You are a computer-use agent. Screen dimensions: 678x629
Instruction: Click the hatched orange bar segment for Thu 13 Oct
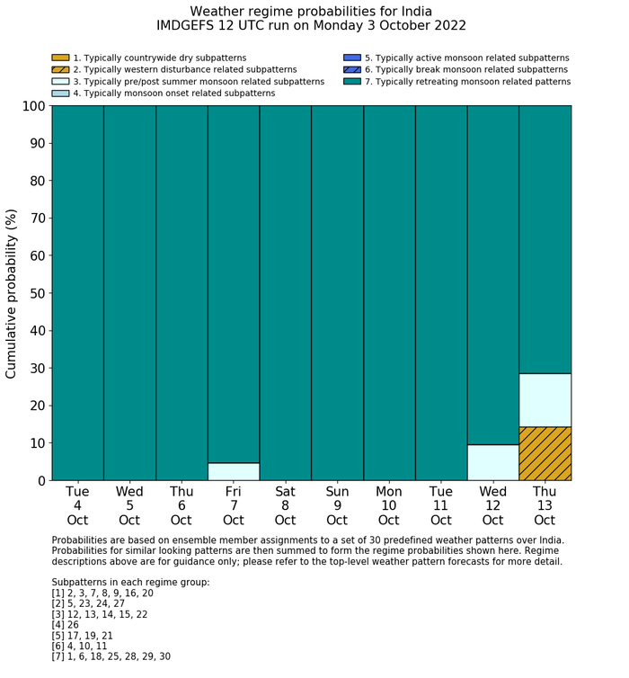(x=545, y=453)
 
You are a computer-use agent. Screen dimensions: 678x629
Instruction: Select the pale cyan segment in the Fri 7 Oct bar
(x=234, y=471)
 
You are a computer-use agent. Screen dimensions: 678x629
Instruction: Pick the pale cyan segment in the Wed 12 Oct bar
(x=492, y=462)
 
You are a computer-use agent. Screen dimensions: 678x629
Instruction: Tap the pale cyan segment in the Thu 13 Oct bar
(x=545, y=399)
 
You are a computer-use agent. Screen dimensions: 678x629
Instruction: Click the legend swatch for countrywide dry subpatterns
(x=60, y=58)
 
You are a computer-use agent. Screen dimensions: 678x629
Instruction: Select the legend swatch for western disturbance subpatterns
(x=60, y=70)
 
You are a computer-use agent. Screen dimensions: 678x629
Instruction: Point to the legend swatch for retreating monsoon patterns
(x=352, y=82)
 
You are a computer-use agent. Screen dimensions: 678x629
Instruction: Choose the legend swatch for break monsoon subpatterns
(x=352, y=70)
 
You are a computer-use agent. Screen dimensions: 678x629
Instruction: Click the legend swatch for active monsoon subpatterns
(x=352, y=58)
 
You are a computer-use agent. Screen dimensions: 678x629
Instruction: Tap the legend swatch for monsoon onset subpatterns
(x=60, y=94)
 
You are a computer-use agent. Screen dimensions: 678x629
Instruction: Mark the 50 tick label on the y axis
(x=35, y=293)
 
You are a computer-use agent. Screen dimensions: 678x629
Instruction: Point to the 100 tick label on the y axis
(x=31, y=106)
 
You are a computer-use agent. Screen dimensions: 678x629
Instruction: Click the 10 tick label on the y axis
(x=35, y=443)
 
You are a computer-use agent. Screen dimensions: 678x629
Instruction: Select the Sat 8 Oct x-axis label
(x=285, y=505)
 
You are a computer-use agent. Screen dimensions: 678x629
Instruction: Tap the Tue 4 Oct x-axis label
(x=77, y=505)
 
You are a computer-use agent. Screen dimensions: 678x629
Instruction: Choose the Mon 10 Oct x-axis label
(x=389, y=505)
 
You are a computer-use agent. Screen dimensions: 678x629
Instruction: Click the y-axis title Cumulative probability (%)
(x=12, y=293)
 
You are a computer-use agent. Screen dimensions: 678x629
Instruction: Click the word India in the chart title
(x=414, y=12)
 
